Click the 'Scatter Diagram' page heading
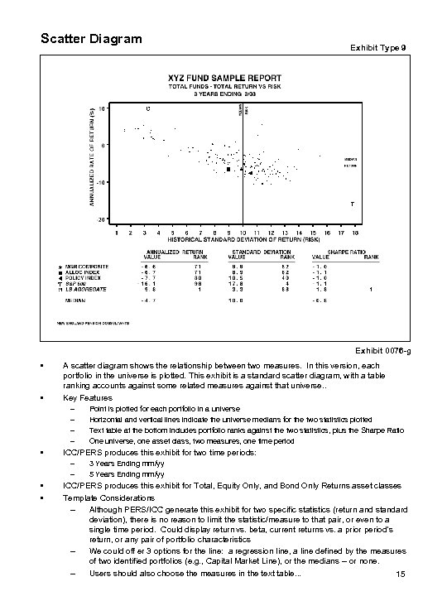pyautogui.click(x=91, y=39)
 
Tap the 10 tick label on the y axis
pyautogui.click(x=101, y=108)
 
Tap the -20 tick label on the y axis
pyautogui.click(x=100, y=219)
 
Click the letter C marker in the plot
pyautogui.click(x=148, y=108)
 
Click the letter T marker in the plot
pyautogui.click(x=353, y=203)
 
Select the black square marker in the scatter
pyautogui.click(x=228, y=169)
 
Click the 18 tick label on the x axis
pyautogui.click(x=354, y=231)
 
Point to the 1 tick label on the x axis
pyautogui.click(x=117, y=231)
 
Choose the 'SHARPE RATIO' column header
pyautogui.click(x=347, y=251)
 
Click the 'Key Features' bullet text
pyautogui.click(x=84, y=398)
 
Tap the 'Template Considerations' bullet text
pyautogui.click(x=106, y=497)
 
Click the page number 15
pyautogui.click(x=400, y=574)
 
